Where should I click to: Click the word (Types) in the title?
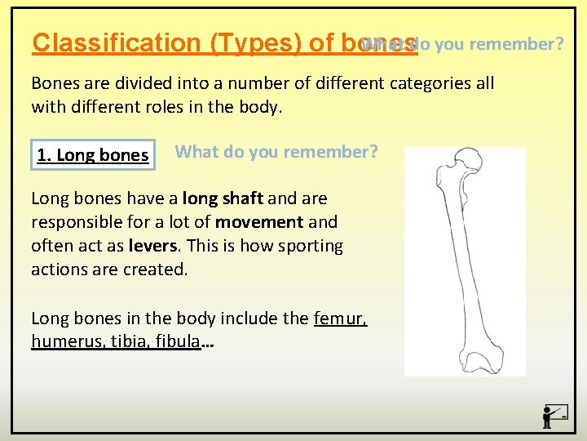(257, 42)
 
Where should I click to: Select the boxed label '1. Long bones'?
(93, 155)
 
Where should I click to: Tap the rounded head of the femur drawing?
(468, 159)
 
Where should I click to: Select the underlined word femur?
(340, 318)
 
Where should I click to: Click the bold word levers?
(151, 246)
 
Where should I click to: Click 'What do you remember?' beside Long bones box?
(276, 152)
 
